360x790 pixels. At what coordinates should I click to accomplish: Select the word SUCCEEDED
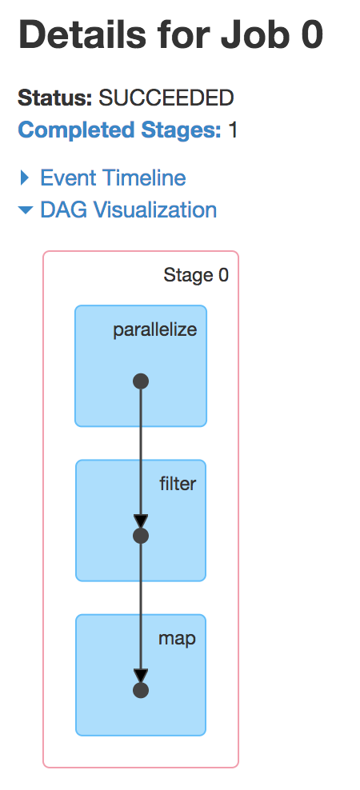166,98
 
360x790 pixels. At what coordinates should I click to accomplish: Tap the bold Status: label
55,98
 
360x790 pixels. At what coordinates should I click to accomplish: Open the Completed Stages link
119,130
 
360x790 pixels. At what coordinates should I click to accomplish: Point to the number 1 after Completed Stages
233,130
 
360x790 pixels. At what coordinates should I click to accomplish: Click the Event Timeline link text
113,178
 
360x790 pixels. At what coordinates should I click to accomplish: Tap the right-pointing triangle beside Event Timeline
24,178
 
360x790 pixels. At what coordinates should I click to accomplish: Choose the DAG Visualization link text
129,209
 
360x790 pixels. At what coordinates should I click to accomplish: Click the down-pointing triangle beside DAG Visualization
26,209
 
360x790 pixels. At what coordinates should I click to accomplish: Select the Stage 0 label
196,275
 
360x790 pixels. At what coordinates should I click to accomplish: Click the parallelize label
154,330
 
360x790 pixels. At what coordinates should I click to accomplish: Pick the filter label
178,484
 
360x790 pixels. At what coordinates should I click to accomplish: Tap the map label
177,639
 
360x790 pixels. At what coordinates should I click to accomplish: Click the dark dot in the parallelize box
141,381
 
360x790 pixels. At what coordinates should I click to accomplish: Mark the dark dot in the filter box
141,536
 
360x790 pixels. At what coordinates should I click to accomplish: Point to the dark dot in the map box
141,690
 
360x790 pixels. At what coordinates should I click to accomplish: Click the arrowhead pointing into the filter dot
141,521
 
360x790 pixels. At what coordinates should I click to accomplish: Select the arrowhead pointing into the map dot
141,676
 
